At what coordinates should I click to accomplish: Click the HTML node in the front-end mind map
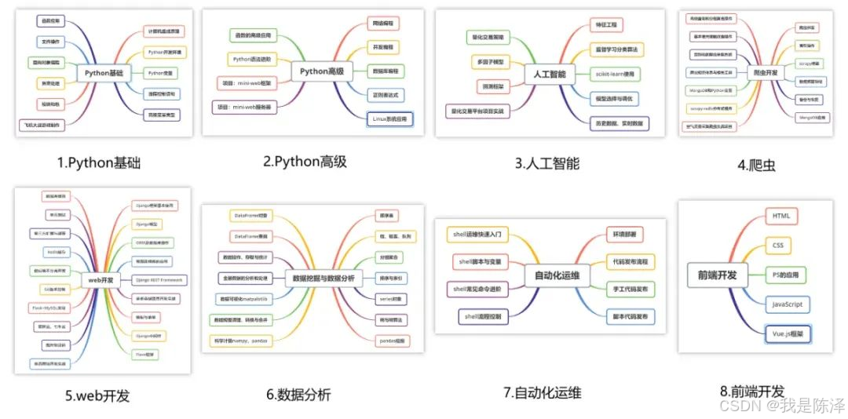[x=780, y=215]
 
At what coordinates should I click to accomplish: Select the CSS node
[x=777, y=246]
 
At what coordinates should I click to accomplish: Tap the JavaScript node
[x=787, y=304]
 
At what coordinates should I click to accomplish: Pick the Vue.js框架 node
[x=788, y=333]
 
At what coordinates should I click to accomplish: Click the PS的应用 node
[x=786, y=275]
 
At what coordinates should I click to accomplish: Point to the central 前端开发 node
[x=716, y=275]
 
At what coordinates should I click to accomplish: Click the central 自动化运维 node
[x=557, y=275]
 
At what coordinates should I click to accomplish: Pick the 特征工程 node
[x=609, y=25]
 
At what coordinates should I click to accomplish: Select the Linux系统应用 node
[x=389, y=119]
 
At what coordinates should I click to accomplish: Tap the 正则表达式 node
[x=385, y=95]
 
